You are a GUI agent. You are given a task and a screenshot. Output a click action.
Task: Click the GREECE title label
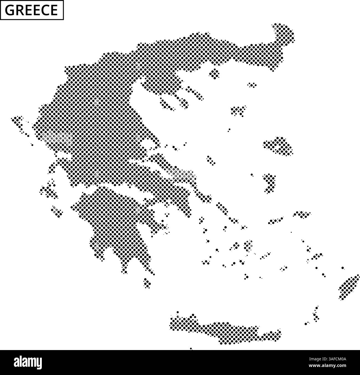pos(32,10)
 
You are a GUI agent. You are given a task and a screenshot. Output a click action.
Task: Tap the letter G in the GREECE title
pos(10,10)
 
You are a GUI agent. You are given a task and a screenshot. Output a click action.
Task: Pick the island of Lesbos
pos(278,145)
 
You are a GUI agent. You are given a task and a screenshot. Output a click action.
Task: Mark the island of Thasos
pos(215,73)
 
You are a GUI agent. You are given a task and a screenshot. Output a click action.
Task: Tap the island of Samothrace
pos(252,85)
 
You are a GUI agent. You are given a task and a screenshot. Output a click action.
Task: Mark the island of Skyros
pos(211,160)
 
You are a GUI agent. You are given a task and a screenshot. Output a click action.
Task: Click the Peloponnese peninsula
pos(116,222)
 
